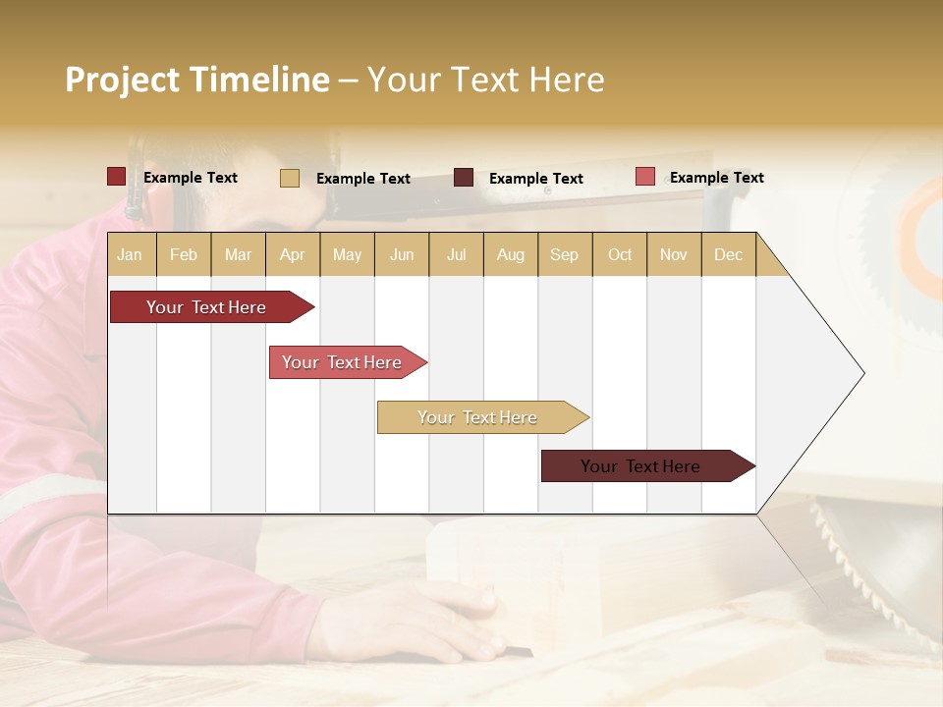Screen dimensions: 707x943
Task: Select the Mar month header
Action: (238, 254)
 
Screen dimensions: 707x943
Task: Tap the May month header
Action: (347, 254)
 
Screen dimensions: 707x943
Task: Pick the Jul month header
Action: (456, 254)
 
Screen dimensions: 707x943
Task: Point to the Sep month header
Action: (564, 254)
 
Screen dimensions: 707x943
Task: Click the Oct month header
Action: (619, 254)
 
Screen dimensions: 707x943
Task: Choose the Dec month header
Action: (728, 254)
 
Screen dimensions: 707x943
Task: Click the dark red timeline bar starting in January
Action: (206, 307)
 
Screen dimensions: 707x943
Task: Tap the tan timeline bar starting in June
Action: (477, 417)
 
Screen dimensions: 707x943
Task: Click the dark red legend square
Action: (116, 177)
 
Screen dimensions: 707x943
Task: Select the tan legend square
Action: (290, 178)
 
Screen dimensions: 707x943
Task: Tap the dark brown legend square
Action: (464, 178)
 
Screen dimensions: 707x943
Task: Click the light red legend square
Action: (644, 177)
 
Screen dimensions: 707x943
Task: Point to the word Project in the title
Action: (122, 80)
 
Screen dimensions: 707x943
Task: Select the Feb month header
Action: (184, 254)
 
